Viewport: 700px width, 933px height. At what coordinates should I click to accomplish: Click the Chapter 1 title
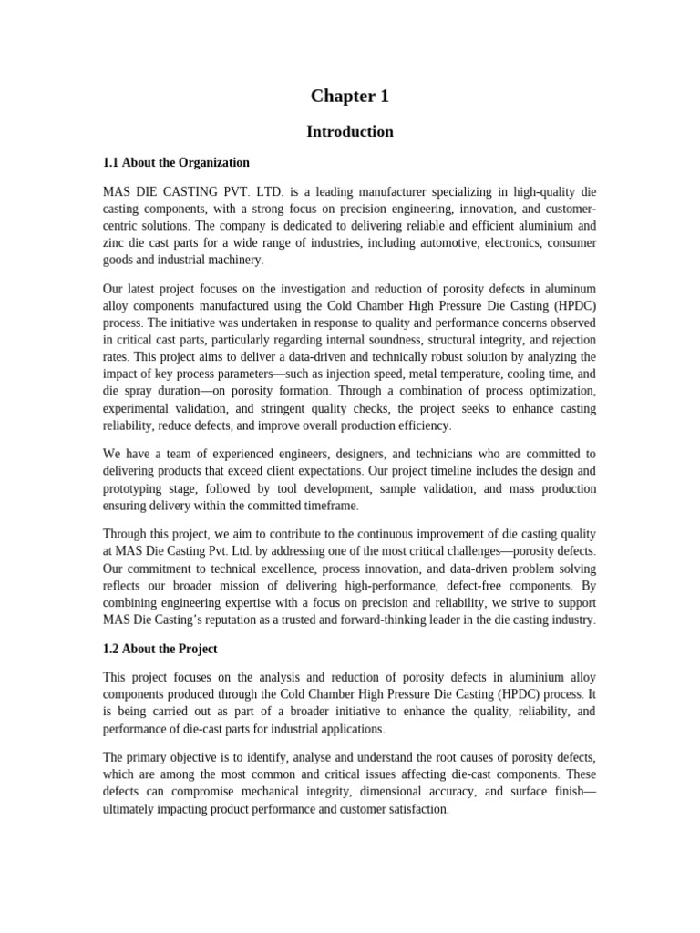[x=350, y=97]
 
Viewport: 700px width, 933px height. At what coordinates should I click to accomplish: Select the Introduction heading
[x=350, y=132]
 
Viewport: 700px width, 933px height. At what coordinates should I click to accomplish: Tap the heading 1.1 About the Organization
[x=176, y=163]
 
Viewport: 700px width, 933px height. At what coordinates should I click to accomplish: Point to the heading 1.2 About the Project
[x=160, y=650]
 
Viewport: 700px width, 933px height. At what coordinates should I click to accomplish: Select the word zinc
[x=116, y=242]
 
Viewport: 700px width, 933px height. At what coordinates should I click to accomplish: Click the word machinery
[x=233, y=260]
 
